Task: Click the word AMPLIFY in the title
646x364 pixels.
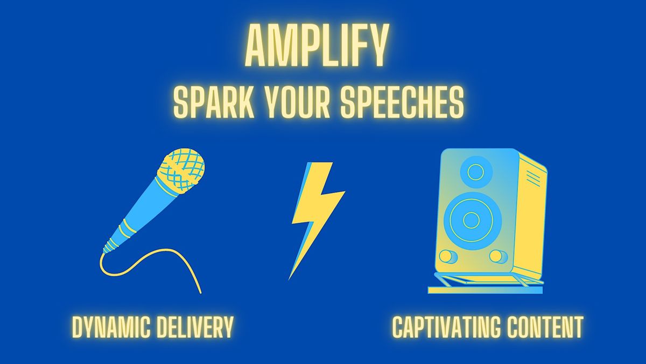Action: tap(316, 45)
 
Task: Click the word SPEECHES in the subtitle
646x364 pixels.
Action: tap(402, 103)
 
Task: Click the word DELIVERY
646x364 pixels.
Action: tap(195, 327)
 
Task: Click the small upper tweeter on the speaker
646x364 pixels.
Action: tap(475, 172)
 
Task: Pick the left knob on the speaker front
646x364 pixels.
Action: tap(448, 256)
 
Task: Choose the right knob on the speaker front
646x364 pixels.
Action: tap(498, 256)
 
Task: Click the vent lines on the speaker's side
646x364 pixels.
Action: tap(533, 177)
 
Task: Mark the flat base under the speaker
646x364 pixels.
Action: tap(485, 290)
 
